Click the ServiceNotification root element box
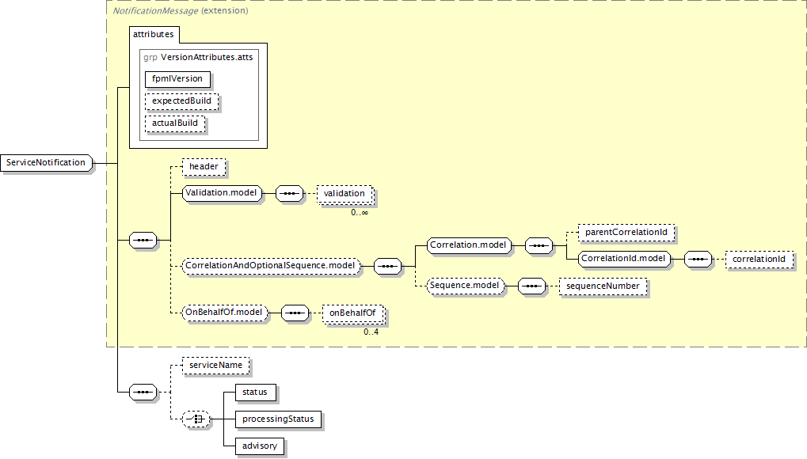(46, 162)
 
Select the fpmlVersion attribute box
(177, 78)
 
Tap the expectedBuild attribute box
(181, 101)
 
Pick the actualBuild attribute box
(174, 123)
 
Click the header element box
(204, 167)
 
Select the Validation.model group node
(223, 193)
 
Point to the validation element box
(344, 193)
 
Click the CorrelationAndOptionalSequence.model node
(271, 266)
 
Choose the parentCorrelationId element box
(626, 233)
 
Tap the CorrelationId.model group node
(624, 259)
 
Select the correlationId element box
(759, 260)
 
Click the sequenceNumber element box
(603, 286)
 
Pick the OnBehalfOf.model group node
(225, 313)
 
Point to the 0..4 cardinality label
(371, 332)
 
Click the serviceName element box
(215, 366)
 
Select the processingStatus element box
(278, 419)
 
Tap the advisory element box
(260, 446)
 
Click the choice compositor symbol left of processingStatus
(196, 419)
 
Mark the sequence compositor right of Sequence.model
(531, 286)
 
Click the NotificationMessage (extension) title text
(180, 11)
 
